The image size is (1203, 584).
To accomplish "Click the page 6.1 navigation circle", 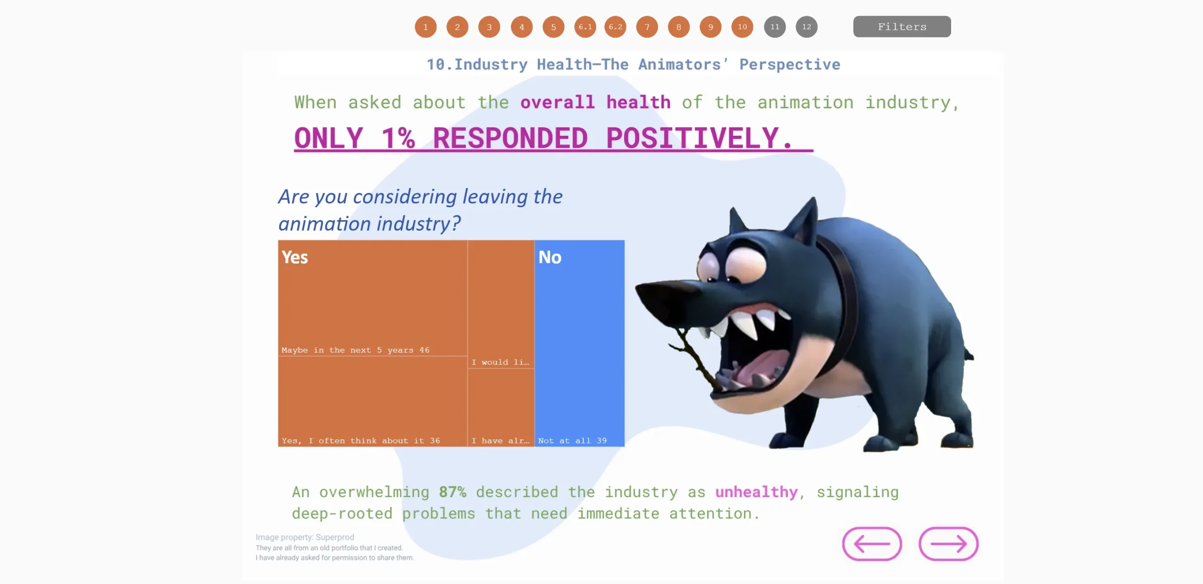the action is (585, 27).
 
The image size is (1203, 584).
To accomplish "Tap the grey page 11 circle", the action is (774, 27).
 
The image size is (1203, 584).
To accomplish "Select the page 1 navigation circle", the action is (425, 27).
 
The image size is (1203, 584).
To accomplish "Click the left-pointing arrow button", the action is (872, 544).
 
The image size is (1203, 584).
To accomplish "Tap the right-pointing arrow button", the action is (948, 544).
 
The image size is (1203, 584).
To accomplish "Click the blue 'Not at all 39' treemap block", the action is (579, 343).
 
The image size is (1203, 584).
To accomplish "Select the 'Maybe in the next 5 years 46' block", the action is (373, 298).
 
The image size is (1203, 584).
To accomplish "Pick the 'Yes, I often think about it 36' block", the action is (373, 401).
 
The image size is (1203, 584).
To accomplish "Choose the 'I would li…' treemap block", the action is (501, 304).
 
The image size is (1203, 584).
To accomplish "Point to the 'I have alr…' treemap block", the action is (501, 407).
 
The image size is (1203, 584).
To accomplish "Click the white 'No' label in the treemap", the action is (550, 257).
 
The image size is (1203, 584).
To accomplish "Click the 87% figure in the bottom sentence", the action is (453, 492).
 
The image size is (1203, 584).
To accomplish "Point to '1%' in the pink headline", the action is (398, 138).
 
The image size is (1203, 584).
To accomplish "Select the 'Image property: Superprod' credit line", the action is (305, 537).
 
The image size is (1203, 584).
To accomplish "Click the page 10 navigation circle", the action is (742, 27).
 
